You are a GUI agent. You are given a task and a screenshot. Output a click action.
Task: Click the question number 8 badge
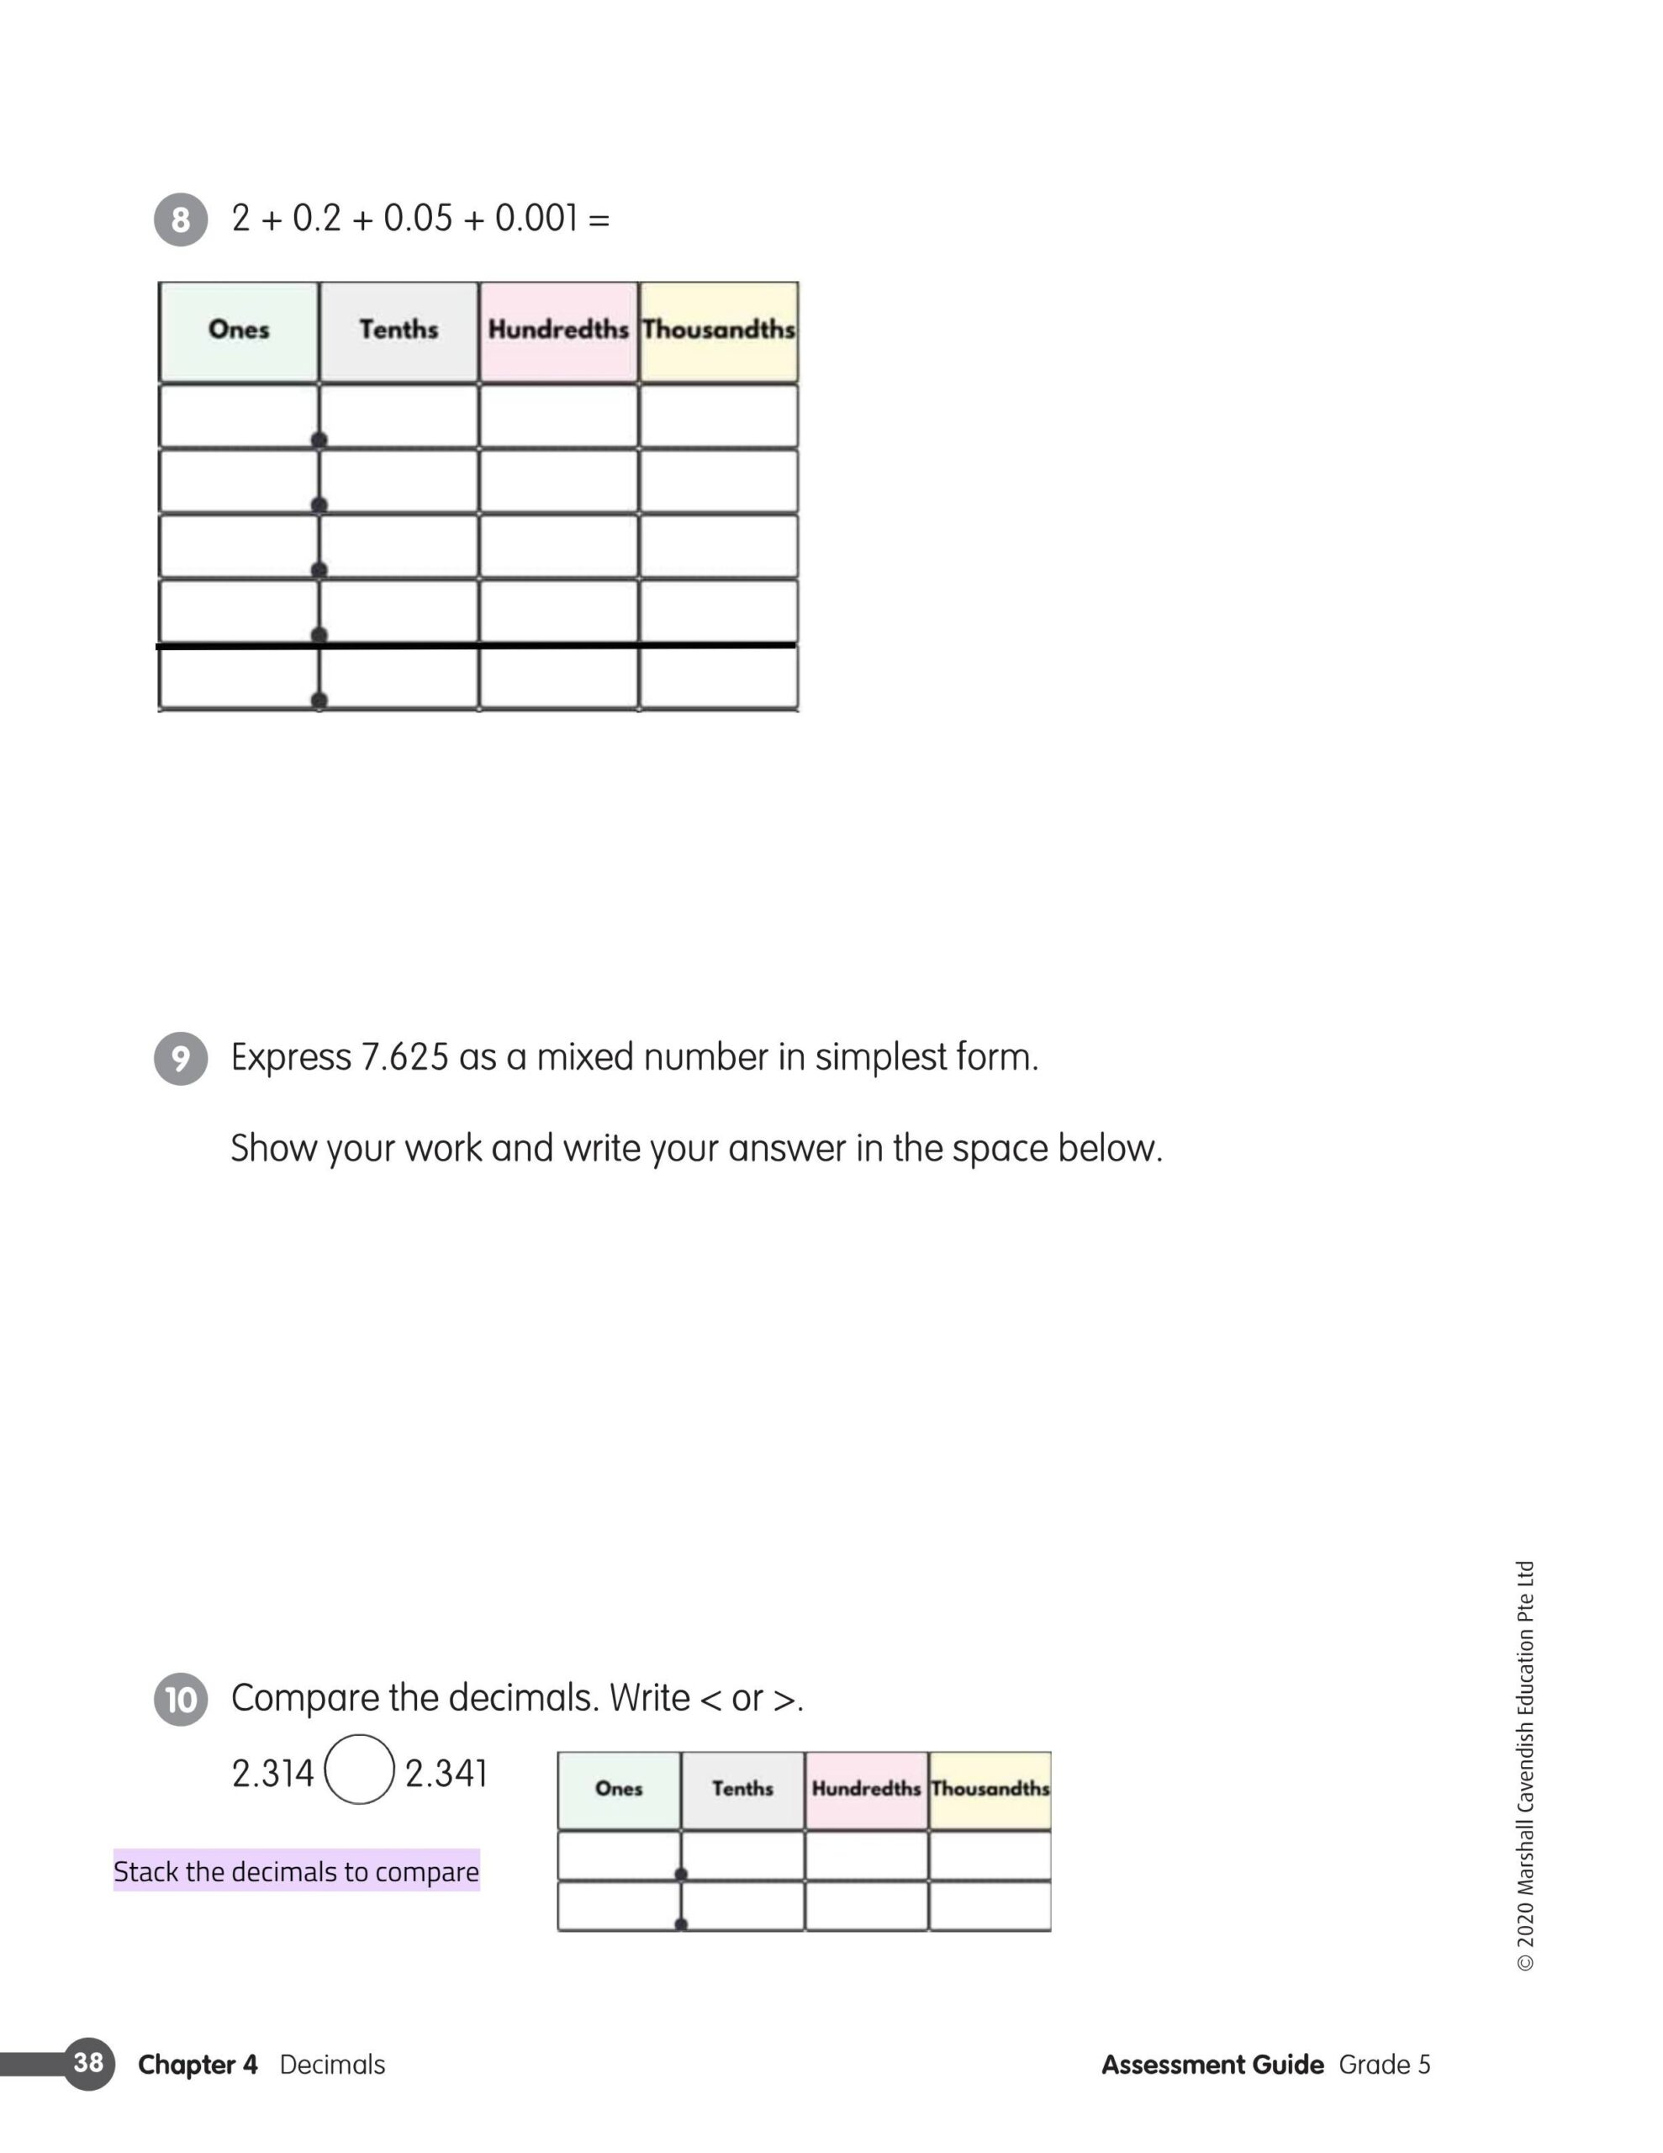pyautogui.click(x=181, y=219)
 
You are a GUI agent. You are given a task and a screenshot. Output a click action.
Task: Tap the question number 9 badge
pyautogui.click(x=181, y=1058)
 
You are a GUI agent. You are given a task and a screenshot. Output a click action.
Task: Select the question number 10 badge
pyautogui.click(x=181, y=1700)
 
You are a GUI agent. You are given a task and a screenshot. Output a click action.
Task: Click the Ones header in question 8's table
pyautogui.click(x=239, y=330)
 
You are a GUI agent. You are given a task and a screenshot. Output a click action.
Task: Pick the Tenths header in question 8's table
pyautogui.click(x=399, y=330)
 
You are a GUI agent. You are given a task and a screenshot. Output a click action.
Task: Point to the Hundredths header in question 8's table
pyautogui.click(x=558, y=330)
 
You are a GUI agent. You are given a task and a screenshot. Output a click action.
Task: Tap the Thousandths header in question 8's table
pyautogui.click(x=719, y=330)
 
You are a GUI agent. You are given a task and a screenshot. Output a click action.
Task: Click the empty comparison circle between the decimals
pyautogui.click(x=360, y=1769)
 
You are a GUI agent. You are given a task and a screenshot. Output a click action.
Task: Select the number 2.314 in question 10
pyautogui.click(x=272, y=1774)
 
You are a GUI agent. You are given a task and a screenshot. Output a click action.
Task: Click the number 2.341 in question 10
pyautogui.click(x=446, y=1774)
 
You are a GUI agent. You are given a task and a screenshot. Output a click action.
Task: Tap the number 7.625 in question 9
pyautogui.click(x=404, y=1058)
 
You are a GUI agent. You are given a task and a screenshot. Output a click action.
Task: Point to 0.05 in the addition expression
pyautogui.click(x=418, y=218)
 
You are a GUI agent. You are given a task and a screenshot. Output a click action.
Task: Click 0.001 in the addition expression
pyautogui.click(x=536, y=218)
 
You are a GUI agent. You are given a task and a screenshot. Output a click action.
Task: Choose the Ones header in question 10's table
pyautogui.click(x=619, y=1788)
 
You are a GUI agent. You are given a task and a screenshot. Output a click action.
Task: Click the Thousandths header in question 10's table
pyautogui.click(x=990, y=1788)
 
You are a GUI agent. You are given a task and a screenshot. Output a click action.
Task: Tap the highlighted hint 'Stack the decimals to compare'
pyautogui.click(x=296, y=1871)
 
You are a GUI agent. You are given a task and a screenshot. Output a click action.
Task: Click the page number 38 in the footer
pyautogui.click(x=87, y=2062)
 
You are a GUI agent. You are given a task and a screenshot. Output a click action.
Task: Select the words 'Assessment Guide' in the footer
pyautogui.click(x=1212, y=2065)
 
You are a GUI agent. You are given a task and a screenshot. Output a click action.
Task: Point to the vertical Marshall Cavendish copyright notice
pyautogui.click(x=1525, y=1764)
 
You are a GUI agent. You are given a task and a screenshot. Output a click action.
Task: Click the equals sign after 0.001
pyautogui.click(x=599, y=219)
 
